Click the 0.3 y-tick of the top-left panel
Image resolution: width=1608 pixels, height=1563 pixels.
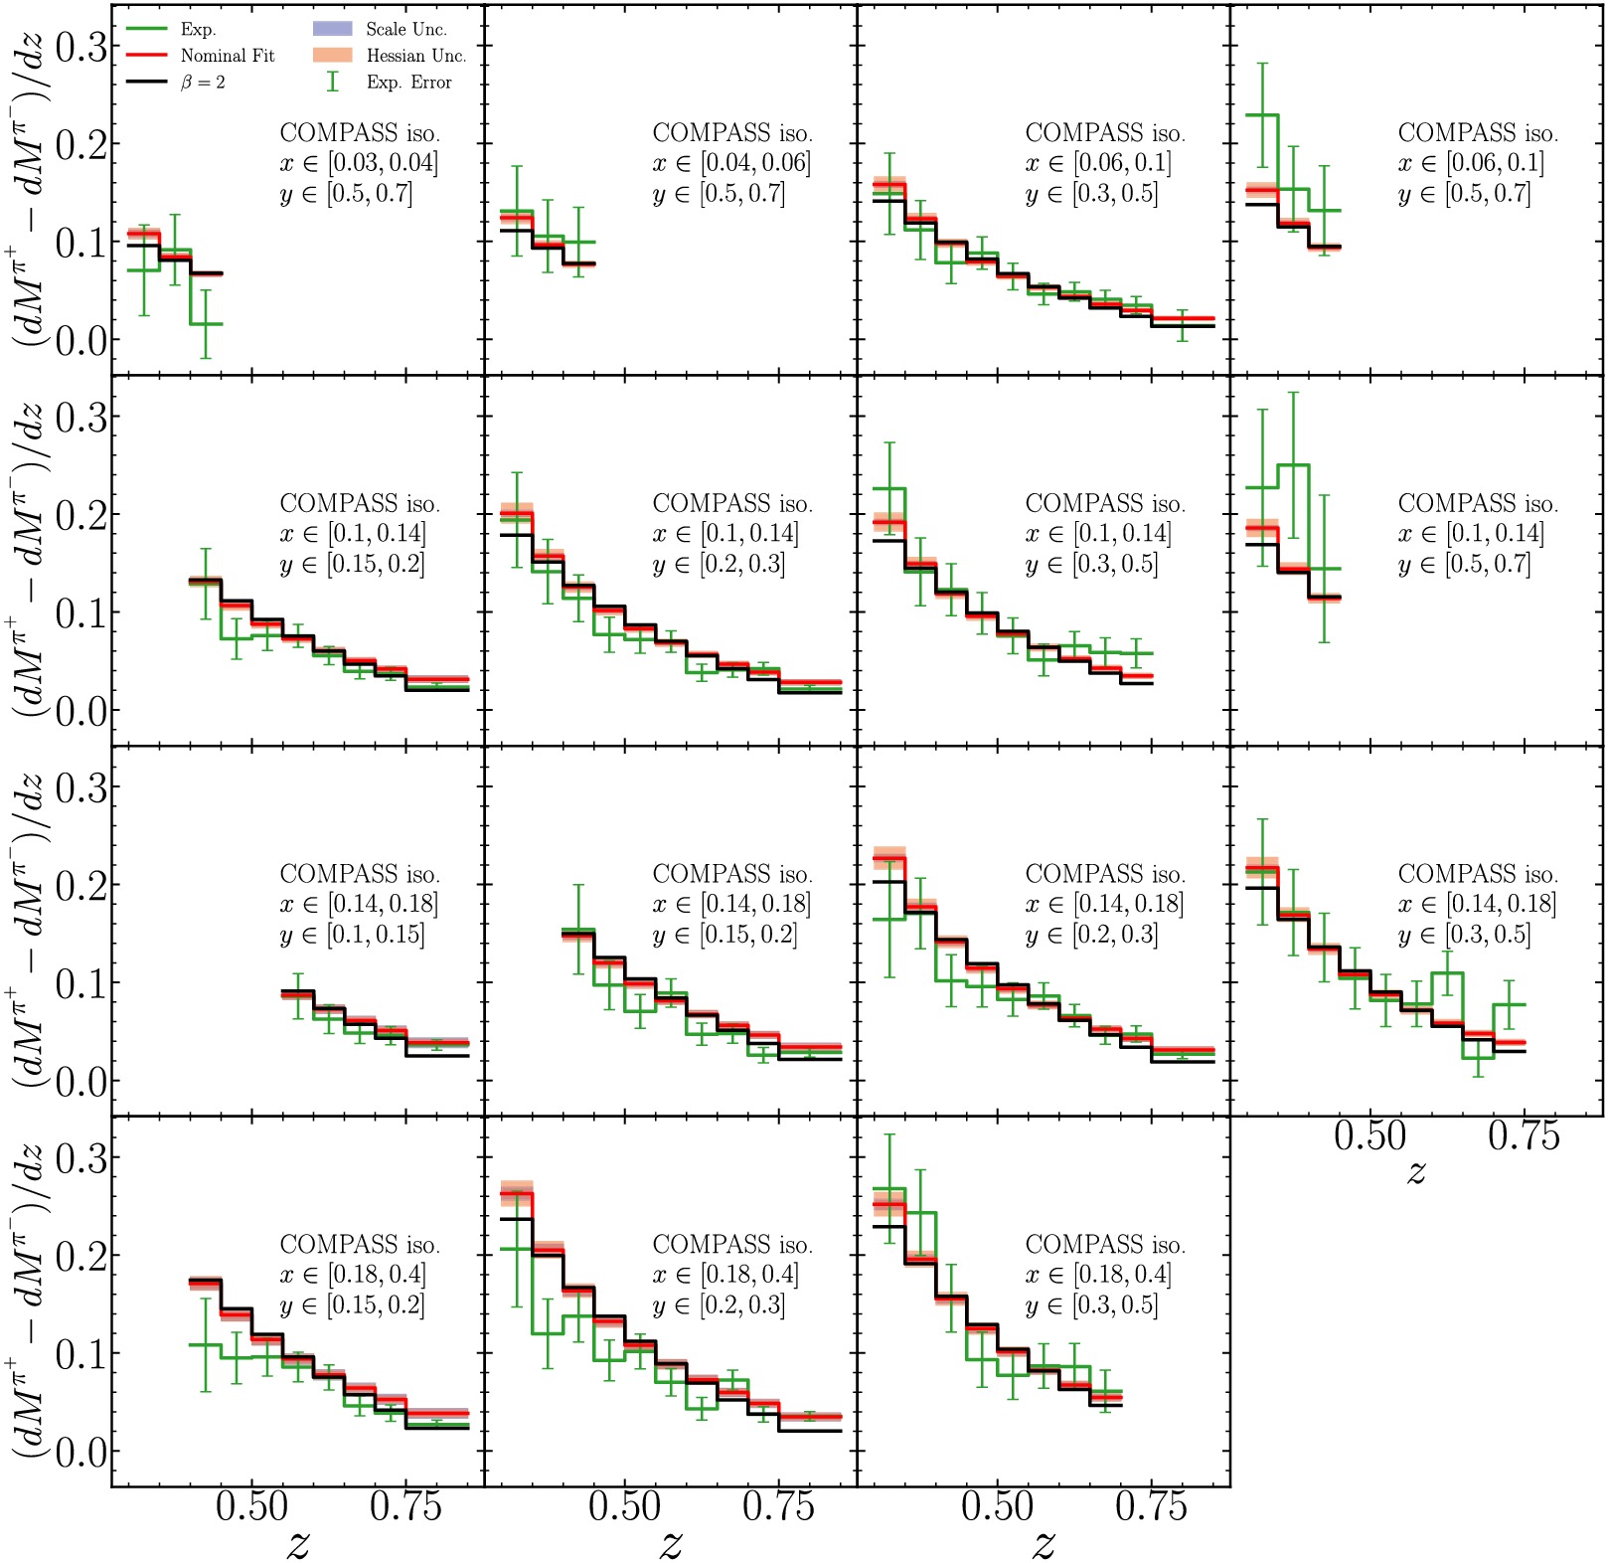81,46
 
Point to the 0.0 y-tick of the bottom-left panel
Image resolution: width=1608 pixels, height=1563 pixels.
81,1452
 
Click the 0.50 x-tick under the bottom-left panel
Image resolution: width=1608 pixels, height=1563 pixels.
251,1506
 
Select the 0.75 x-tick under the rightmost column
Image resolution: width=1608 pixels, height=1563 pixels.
1524,1135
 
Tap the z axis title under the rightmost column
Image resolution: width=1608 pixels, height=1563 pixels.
1416,1171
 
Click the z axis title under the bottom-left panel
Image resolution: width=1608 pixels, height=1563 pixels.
297,1542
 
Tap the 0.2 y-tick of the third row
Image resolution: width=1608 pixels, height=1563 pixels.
81,885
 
